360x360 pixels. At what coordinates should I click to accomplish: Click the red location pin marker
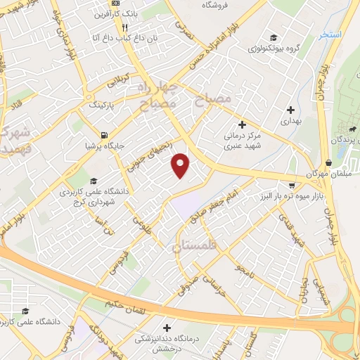click(181, 165)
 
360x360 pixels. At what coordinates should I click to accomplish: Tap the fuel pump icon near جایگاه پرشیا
click(105, 135)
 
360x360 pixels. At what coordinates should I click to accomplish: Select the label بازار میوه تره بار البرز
click(292, 193)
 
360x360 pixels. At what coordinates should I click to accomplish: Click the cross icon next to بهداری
click(290, 109)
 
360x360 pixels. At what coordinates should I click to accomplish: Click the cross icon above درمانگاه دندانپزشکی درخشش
click(167, 327)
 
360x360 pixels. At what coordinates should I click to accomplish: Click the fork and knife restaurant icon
click(124, 27)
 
